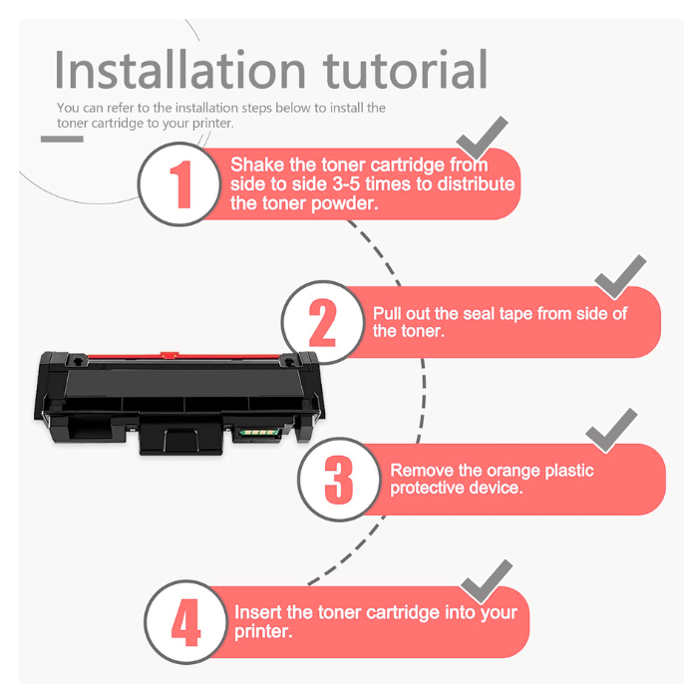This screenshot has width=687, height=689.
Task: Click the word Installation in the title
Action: [179, 70]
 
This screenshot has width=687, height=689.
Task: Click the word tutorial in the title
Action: [405, 70]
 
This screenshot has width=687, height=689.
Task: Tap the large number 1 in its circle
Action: [181, 184]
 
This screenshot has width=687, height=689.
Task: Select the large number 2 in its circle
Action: [323, 323]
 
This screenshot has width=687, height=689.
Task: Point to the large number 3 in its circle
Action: [338, 480]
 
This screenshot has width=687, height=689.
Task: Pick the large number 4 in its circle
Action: [185, 622]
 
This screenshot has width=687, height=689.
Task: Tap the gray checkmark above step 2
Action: [620, 277]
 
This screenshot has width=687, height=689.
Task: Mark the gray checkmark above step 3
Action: [611, 431]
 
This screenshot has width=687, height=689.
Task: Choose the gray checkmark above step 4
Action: [487, 581]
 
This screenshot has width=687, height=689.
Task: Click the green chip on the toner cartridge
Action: [258, 433]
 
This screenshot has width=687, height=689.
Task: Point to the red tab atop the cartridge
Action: [170, 355]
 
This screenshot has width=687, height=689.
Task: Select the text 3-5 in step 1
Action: [346, 184]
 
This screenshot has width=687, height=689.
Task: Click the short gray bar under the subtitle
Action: [62, 140]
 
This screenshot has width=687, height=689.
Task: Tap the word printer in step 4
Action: [263, 632]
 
